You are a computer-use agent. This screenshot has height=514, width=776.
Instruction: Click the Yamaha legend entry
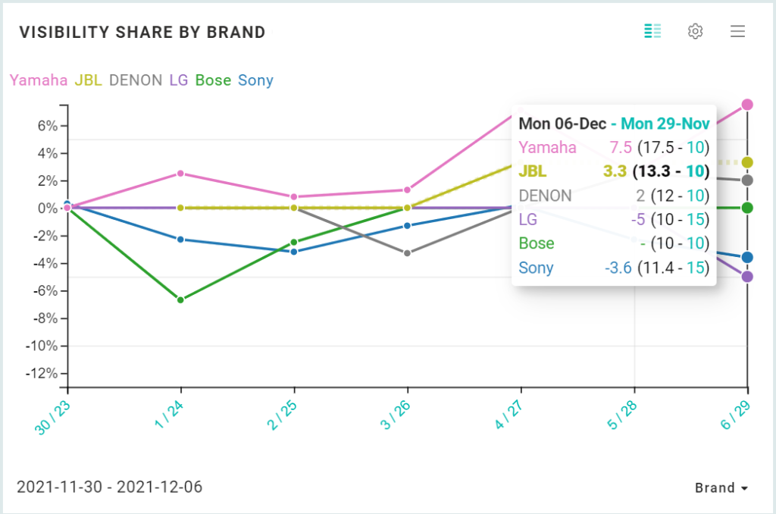(38, 80)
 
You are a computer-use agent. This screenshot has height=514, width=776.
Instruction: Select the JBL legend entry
(89, 80)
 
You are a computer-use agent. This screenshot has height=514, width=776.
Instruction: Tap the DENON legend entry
(136, 80)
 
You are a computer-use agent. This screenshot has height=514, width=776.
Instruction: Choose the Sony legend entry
(255, 80)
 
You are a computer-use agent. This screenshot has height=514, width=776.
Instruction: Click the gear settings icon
(695, 31)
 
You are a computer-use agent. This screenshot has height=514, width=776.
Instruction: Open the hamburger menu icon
(737, 31)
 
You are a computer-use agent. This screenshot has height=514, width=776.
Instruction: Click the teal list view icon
(652, 31)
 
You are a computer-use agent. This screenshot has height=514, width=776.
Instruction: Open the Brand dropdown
(721, 488)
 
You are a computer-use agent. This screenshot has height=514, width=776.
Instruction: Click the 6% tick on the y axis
(47, 126)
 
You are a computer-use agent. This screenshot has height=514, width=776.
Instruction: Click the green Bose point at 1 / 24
(180, 300)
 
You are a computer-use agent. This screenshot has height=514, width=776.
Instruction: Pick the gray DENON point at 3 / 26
(407, 252)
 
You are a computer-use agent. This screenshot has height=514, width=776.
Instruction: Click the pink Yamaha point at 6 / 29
(747, 105)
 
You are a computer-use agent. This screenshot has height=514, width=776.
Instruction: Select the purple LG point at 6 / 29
(747, 277)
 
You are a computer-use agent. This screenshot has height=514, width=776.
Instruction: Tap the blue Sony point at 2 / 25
(294, 251)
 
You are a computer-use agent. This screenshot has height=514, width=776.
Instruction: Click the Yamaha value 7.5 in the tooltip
(621, 148)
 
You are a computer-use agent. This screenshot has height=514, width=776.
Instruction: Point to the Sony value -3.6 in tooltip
(618, 268)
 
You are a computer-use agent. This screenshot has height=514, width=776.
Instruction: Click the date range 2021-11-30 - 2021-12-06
(109, 487)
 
